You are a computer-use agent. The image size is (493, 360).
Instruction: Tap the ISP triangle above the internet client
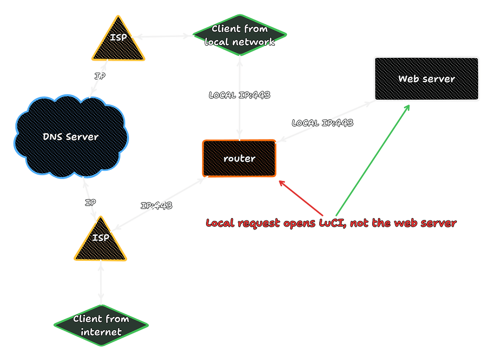tap(101, 241)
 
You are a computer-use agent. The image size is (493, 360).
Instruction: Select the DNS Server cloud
tap(70, 137)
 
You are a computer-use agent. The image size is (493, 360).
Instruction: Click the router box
tap(239, 158)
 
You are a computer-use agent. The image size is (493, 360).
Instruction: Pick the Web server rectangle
tap(426, 79)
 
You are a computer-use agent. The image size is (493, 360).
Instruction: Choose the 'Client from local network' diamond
tap(239, 35)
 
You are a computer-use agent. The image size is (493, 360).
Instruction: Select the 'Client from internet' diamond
tap(101, 325)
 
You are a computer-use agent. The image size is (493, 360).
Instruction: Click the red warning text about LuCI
tap(331, 223)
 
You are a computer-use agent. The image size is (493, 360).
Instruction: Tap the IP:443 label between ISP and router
tap(156, 206)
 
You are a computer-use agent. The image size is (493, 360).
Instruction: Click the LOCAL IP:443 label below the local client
tap(239, 95)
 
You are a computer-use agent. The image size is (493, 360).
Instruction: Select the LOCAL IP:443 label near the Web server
tap(323, 123)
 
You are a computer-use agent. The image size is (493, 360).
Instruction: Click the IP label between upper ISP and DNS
tap(100, 76)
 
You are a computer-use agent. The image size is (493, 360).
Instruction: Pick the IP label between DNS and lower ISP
tap(90, 203)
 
